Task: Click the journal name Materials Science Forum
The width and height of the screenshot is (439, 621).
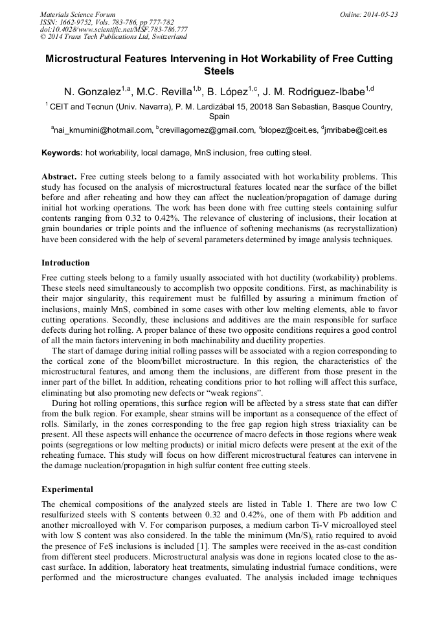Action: tap(78, 14)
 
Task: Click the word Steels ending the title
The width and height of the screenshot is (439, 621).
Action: tap(219, 71)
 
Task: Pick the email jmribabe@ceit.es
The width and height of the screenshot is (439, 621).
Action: tap(357, 130)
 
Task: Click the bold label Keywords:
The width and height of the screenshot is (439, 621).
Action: tap(62, 153)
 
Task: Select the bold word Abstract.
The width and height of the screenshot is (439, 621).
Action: tap(59, 177)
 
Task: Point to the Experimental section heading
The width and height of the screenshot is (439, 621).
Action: tap(67, 490)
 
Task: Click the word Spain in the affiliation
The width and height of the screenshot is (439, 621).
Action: tap(219, 117)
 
